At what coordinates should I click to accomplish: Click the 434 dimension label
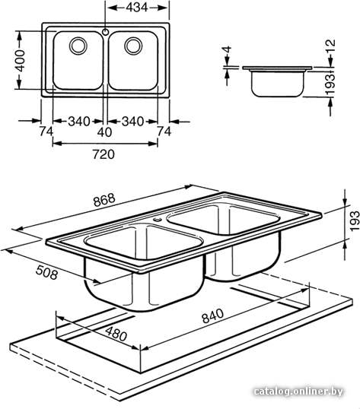click(137, 8)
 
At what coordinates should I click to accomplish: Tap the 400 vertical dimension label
click(20, 61)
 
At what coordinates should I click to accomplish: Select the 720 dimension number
click(104, 154)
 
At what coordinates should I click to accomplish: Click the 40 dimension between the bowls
click(104, 132)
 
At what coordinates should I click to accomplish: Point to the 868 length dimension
click(104, 200)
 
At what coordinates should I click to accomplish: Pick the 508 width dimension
click(46, 272)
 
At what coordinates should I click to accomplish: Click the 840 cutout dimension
click(213, 316)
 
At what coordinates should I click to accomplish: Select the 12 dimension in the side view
click(330, 46)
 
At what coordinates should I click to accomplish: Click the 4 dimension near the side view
click(228, 49)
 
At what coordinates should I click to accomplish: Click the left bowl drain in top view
click(78, 46)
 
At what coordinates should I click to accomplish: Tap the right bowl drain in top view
click(133, 46)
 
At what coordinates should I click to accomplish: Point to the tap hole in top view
click(106, 32)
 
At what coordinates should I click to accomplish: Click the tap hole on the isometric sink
click(157, 219)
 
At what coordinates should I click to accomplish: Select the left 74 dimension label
click(46, 132)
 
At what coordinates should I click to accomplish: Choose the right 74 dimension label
click(164, 132)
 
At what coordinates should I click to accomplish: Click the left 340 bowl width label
click(79, 122)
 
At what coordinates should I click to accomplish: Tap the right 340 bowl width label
click(133, 122)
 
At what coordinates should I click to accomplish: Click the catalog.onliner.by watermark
click(298, 392)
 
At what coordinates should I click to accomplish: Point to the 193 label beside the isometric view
click(355, 221)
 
